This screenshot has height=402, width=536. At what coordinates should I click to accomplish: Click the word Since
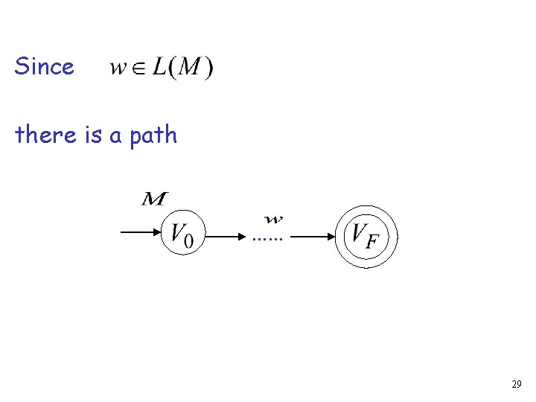44,67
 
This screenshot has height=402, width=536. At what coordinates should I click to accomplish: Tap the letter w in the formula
118,68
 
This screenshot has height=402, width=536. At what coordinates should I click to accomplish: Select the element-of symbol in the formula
138,69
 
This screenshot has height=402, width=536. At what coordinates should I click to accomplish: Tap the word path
153,135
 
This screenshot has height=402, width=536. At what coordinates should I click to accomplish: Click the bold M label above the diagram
154,199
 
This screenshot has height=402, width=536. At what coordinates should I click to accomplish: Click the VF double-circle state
366,237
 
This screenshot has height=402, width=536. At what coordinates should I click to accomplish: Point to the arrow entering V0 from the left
141,233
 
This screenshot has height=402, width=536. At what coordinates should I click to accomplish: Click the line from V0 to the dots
226,237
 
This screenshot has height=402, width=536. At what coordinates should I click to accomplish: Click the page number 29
517,385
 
